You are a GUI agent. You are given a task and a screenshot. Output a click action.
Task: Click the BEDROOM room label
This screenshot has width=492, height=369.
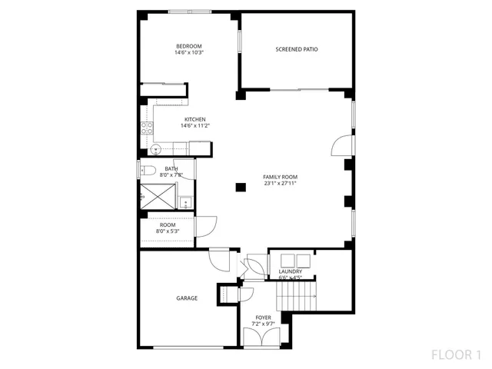click(x=188, y=46)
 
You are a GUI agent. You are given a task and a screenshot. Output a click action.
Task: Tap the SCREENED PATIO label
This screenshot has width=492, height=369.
click(x=297, y=49)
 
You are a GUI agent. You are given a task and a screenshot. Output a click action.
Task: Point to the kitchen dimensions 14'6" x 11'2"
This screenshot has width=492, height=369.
click(x=194, y=125)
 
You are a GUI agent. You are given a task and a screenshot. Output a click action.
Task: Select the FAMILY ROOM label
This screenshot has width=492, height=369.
click(x=280, y=177)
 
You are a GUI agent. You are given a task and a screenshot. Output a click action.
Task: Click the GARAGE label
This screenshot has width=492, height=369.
click(x=187, y=298)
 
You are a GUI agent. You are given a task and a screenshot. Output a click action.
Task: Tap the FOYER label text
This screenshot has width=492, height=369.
click(x=263, y=317)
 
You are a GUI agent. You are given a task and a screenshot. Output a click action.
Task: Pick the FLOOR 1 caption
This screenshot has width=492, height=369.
click(x=456, y=355)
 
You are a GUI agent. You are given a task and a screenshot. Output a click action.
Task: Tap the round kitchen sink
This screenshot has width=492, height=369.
click(x=155, y=150)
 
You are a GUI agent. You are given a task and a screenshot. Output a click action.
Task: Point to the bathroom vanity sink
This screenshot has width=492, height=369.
click(x=185, y=202)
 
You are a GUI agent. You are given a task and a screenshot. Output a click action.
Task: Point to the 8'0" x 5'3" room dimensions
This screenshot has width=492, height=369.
click(x=168, y=231)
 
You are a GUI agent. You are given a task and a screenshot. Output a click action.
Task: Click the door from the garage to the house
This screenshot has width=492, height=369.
click(x=219, y=258)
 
